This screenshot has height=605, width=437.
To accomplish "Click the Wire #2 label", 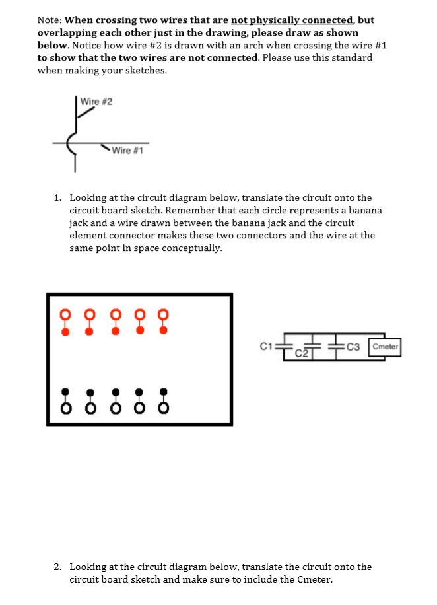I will click(x=96, y=101).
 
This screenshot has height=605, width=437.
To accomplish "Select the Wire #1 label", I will click(x=128, y=150).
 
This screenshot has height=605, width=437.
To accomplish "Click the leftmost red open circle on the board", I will click(x=64, y=313).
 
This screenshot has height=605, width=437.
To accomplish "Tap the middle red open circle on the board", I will click(x=114, y=313).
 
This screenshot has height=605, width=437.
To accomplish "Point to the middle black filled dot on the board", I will click(x=114, y=392).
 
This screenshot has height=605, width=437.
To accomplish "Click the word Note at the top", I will click(x=50, y=20).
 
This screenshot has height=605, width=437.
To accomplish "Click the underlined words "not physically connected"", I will click(x=293, y=20).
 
